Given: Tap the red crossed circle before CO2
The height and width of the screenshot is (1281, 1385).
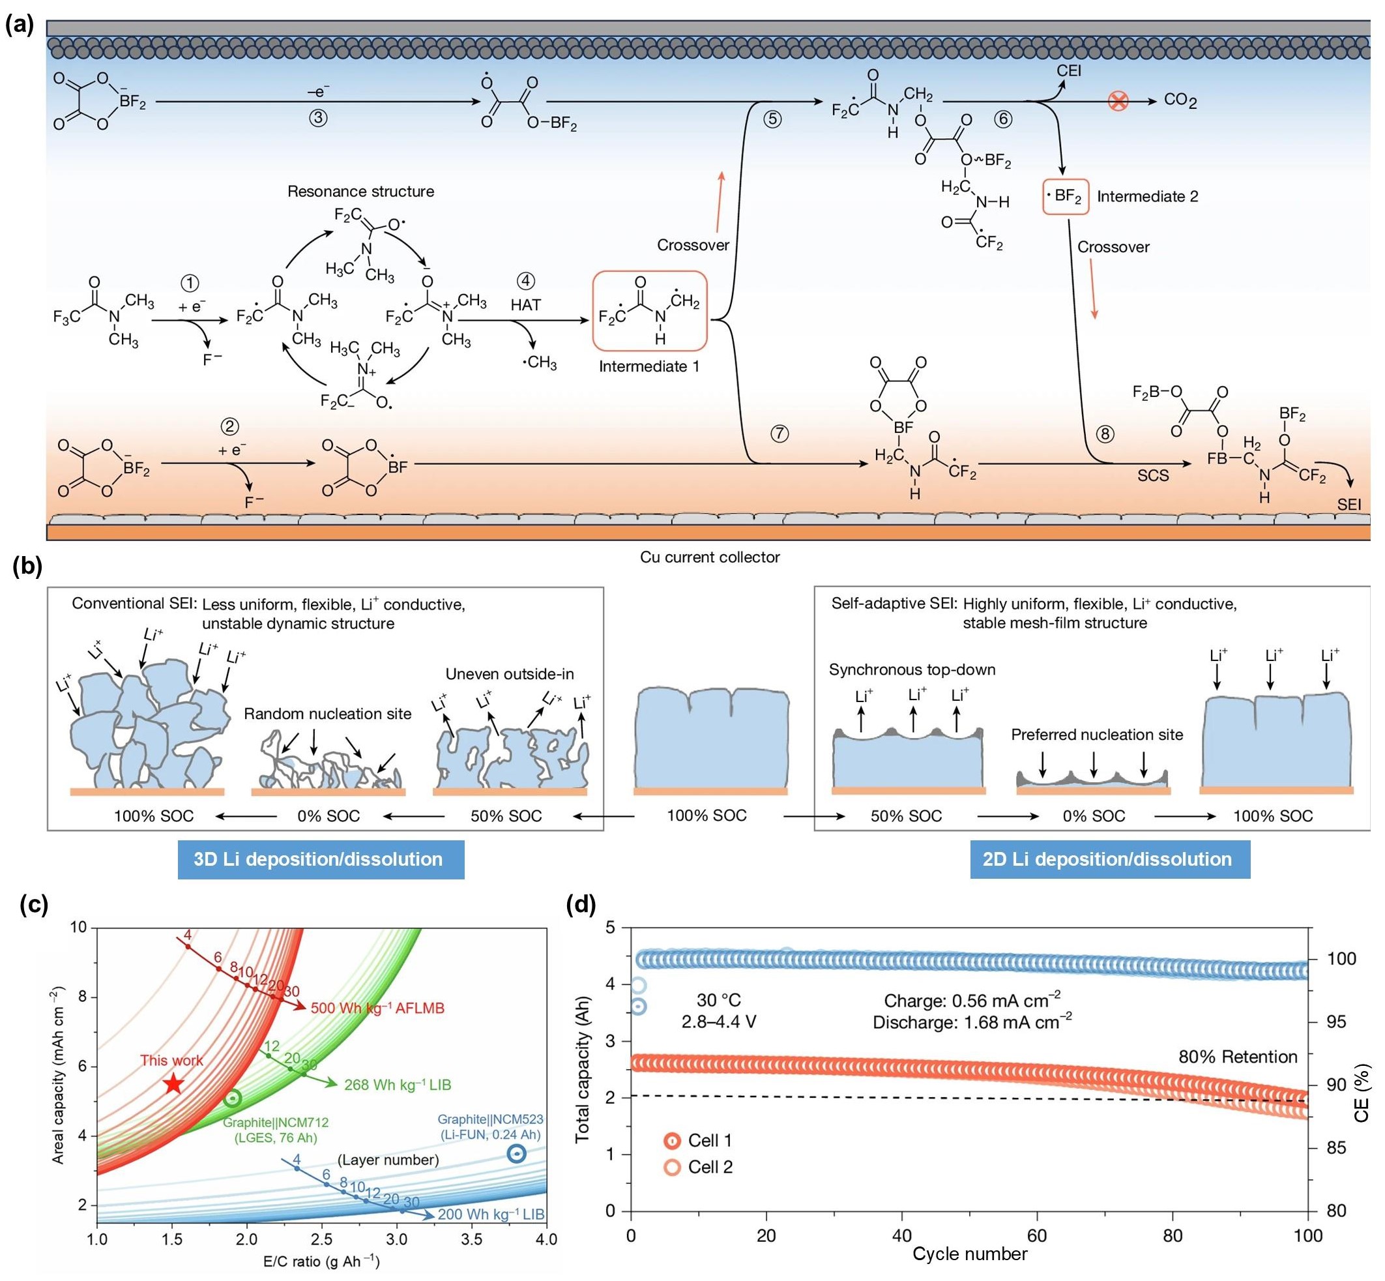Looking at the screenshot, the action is (x=1118, y=102).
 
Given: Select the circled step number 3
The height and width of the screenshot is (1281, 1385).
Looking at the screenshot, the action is (x=318, y=119).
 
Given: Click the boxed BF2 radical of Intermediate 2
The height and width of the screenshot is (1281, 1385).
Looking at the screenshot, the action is (x=1066, y=197).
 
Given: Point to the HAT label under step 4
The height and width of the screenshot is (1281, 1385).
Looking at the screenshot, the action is (x=525, y=304).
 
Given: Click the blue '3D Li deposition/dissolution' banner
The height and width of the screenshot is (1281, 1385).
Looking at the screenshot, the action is (x=321, y=860).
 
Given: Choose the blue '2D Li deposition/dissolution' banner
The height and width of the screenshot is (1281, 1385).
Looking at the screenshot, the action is (x=1110, y=860).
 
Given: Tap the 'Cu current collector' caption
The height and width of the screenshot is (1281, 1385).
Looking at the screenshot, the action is (x=710, y=557).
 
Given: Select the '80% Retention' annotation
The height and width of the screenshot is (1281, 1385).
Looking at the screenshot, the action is (x=1238, y=1057).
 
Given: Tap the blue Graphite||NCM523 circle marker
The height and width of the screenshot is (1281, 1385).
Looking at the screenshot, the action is (x=516, y=1153).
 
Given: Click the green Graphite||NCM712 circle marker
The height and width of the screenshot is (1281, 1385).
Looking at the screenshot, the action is (x=233, y=1098).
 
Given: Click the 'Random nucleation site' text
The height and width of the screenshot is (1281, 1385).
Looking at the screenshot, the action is (x=328, y=713).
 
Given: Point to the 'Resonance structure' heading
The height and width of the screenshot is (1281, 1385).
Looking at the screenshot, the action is (x=361, y=191).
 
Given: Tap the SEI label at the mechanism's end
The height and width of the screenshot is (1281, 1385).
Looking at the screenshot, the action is (x=1349, y=505).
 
